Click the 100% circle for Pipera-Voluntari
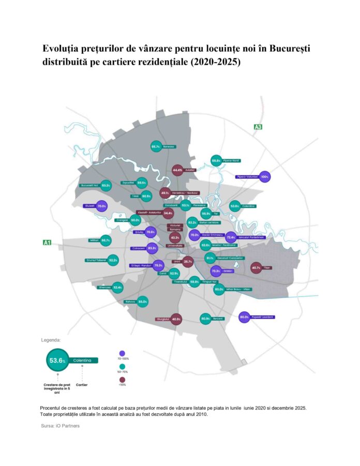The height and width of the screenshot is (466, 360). [x=265, y=176]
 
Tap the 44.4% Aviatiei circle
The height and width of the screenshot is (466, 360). [x=177, y=170]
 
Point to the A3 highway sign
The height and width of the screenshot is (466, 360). [x=258, y=127]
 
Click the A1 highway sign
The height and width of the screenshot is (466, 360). [x=47, y=242]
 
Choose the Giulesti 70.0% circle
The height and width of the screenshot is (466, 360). [x=101, y=206]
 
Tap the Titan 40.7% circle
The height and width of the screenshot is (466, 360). [x=256, y=268]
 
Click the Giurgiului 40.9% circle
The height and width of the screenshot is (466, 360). [x=176, y=319]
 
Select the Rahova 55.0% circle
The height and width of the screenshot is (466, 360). [x=143, y=302]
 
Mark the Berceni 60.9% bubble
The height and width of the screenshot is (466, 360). [x=205, y=319]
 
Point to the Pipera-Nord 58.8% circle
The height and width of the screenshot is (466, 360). [x=216, y=161]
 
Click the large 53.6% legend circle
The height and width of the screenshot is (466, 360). [x=57, y=360]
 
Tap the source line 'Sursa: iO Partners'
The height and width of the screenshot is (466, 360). [x=60, y=426]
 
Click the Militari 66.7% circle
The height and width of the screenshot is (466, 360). [x=106, y=240]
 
